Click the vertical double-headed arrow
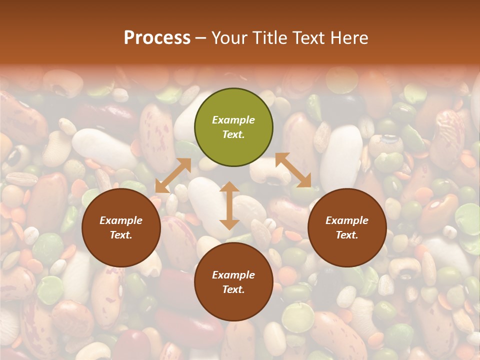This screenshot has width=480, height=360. point(229,205)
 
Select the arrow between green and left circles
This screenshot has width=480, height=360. point(173,175)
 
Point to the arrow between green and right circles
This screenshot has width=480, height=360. point(293,170)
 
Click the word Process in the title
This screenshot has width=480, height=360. point(157,38)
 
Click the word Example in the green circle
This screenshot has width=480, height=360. point(233,120)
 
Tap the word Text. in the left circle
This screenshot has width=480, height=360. point(121,235)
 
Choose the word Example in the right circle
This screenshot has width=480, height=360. point(347,220)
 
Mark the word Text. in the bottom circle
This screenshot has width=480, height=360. point(233,289)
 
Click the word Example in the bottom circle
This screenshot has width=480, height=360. point(233,275)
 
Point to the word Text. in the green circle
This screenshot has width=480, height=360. point(233,134)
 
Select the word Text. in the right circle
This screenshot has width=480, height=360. point(347,235)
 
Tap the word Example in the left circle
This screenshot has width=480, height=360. point(121,220)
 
